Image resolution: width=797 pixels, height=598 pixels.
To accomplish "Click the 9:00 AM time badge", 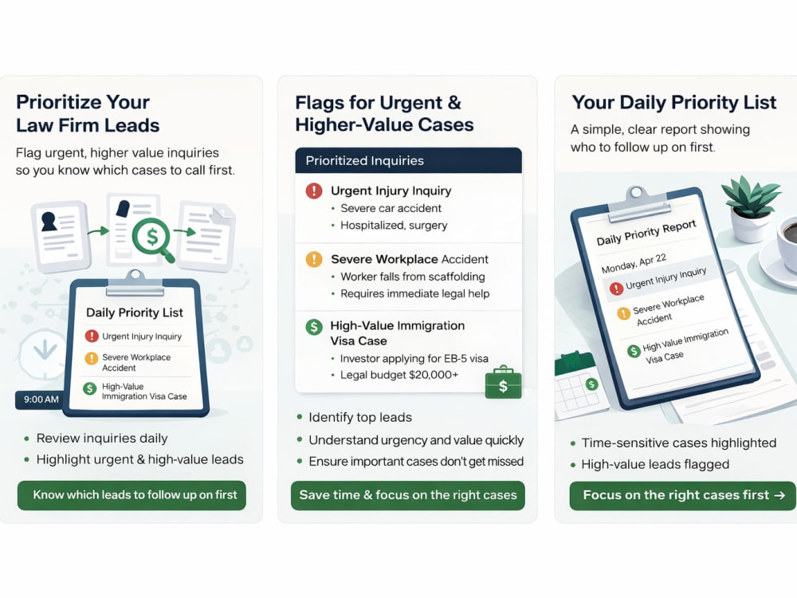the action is click(41, 399).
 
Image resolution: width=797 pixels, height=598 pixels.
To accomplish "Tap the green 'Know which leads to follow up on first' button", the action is click(132, 495).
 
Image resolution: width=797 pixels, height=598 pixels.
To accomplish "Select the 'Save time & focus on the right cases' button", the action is click(407, 495).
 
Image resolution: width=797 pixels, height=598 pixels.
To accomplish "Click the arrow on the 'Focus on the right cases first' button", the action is click(779, 495).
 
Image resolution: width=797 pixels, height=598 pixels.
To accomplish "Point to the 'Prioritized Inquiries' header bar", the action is click(408, 161).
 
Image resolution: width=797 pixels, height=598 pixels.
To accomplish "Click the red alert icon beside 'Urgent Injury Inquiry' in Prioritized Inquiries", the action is click(314, 191).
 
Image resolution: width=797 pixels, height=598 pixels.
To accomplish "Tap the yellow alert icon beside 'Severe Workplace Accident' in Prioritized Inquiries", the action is click(314, 259).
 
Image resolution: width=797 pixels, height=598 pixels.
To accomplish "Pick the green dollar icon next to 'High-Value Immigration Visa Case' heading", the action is click(314, 326).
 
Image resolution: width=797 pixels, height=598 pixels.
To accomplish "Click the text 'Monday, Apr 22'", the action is click(634, 263).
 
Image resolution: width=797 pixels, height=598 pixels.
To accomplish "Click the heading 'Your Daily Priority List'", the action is click(674, 102).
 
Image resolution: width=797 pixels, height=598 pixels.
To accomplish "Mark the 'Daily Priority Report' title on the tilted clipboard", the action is click(646, 232).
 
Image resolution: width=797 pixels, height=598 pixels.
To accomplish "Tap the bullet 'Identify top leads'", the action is click(360, 418).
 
